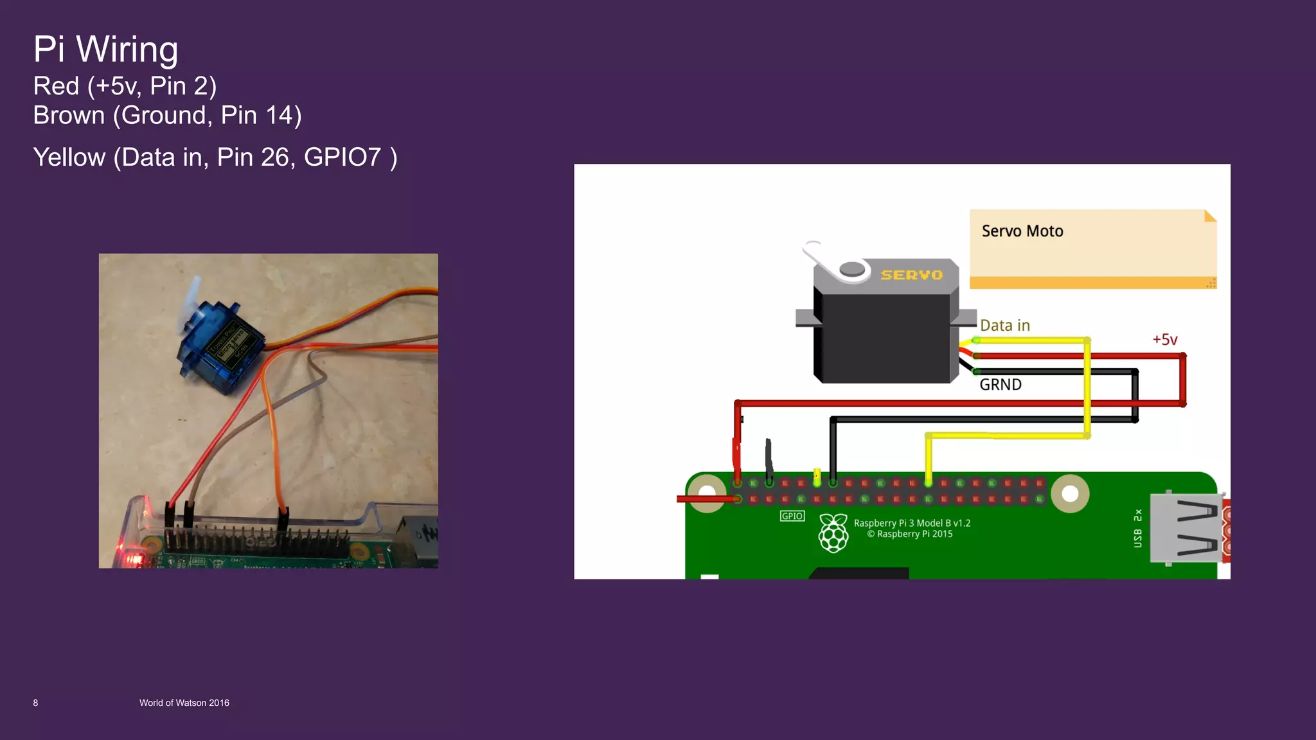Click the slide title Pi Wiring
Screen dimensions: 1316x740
pyautogui.click(x=105, y=49)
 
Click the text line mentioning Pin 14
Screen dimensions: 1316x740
pyautogui.click(x=167, y=116)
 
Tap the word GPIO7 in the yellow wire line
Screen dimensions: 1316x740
pyautogui.click(x=342, y=157)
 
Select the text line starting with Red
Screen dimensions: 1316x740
pyautogui.click(x=125, y=86)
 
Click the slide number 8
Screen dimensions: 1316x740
pyautogui.click(x=35, y=703)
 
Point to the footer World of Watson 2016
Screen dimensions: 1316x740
pyautogui.click(x=184, y=703)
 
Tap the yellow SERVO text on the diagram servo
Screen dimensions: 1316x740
pyautogui.click(x=911, y=275)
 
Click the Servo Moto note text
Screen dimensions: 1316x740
pyautogui.click(x=1022, y=231)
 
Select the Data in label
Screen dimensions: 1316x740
pyautogui.click(x=1005, y=326)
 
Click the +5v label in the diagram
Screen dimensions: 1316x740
pyautogui.click(x=1165, y=340)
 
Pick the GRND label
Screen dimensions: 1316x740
pyautogui.click(x=1000, y=385)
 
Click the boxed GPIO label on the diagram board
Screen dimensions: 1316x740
pyautogui.click(x=792, y=516)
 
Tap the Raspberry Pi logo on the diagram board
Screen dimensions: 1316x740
pyautogui.click(x=833, y=533)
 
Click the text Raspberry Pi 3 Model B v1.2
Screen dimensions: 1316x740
pyautogui.click(x=912, y=523)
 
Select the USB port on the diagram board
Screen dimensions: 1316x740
pyautogui.click(x=1186, y=528)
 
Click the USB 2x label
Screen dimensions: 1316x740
pyautogui.click(x=1138, y=528)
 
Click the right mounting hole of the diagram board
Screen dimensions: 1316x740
pyautogui.click(x=1070, y=493)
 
